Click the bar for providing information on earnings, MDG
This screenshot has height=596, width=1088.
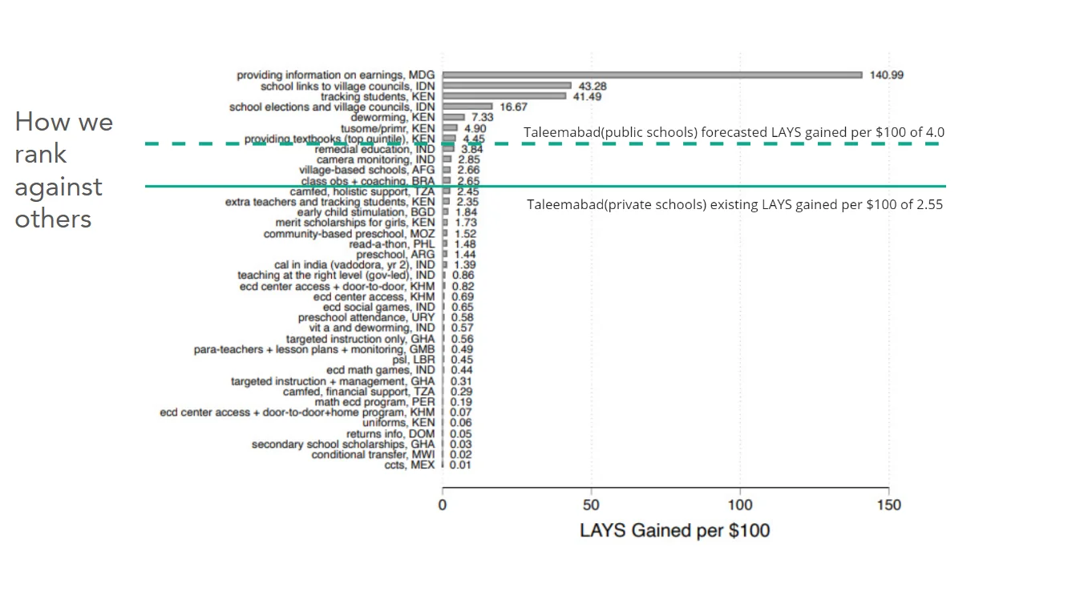click(x=652, y=75)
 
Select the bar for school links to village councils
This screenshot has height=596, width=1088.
click(x=507, y=86)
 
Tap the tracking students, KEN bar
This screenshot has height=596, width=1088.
click(x=504, y=96)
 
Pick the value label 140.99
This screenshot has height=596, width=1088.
click(x=887, y=75)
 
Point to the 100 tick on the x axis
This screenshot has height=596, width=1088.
click(x=740, y=505)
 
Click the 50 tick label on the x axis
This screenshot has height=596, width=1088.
click(x=591, y=505)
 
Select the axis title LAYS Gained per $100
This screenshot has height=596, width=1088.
click(x=674, y=530)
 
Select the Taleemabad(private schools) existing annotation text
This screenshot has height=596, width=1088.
click(x=734, y=204)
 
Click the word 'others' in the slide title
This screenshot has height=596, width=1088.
click(x=53, y=219)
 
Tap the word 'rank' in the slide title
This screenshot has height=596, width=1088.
click(x=41, y=154)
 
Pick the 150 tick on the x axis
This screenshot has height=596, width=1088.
click(x=888, y=505)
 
